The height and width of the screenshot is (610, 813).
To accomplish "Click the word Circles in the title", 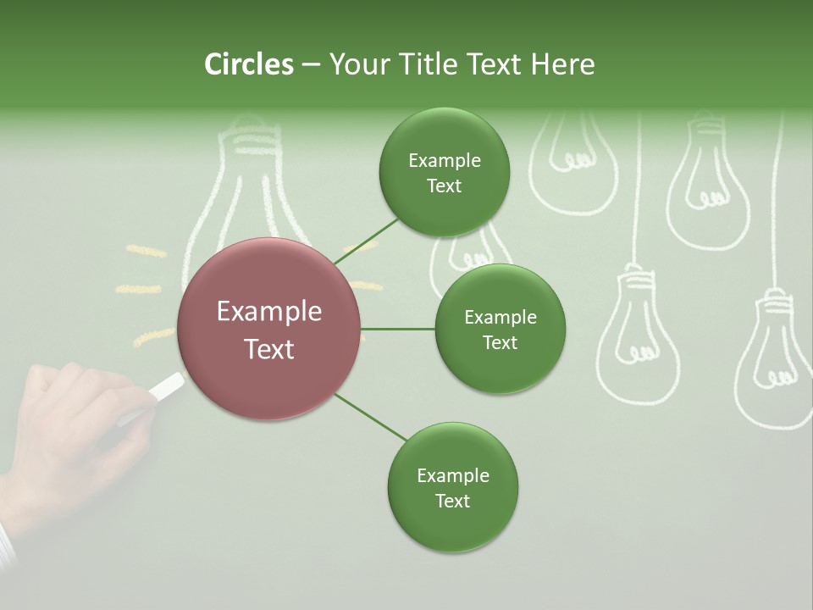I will pos(248,64).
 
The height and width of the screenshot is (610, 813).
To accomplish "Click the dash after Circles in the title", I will pos(311,64).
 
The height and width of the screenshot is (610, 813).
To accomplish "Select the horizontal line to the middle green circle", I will pos(398,329).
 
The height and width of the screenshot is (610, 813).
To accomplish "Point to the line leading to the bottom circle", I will pos(371,418).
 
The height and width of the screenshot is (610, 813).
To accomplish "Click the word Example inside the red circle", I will pos(268,312).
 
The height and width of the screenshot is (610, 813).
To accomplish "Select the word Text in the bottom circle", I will pos(452,501).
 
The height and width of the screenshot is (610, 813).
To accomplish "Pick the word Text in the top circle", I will pos(444,186).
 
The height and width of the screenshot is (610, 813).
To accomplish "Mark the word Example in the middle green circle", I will pos(500,318).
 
